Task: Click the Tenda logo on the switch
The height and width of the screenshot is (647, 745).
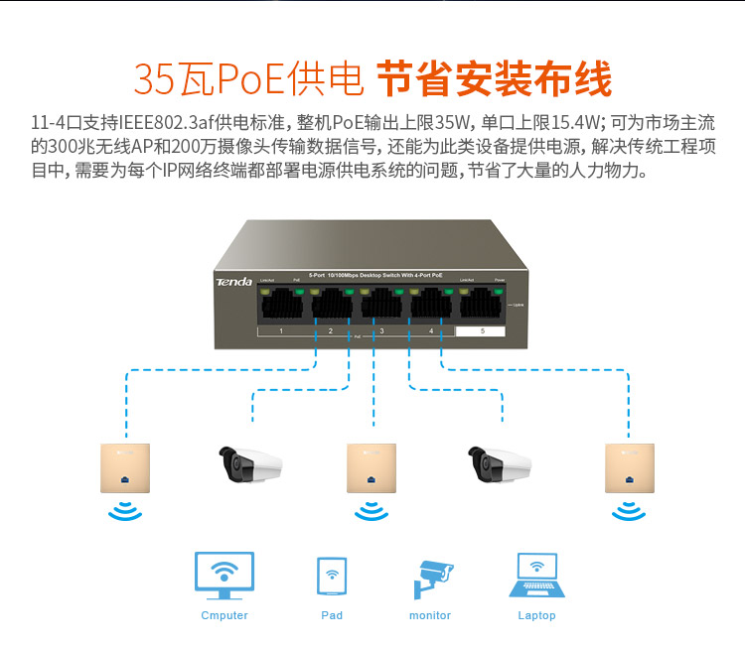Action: (234, 283)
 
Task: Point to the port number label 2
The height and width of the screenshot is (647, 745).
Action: (331, 329)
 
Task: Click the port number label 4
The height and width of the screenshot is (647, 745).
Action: (431, 329)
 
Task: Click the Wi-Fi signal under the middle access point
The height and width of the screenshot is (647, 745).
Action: (372, 510)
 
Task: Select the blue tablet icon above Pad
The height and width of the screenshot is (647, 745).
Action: (332, 576)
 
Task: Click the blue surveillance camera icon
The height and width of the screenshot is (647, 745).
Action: (432, 576)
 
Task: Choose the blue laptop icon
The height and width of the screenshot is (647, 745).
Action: (537, 576)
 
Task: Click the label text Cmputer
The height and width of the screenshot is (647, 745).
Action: (224, 615)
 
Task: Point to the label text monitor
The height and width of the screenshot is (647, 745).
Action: (430, 615)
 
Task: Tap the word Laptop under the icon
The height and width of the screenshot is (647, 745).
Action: (537, 615)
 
